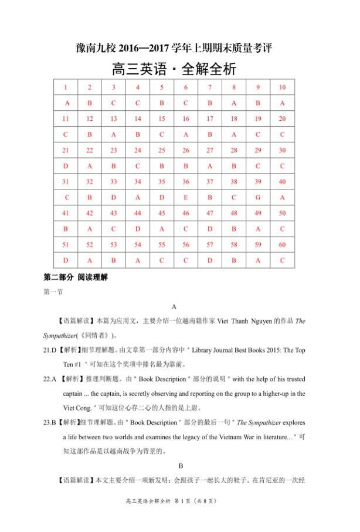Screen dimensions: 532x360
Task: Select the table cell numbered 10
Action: coord(282,87)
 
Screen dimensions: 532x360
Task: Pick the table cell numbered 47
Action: coord(210,213)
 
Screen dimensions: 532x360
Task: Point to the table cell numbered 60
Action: coord(282,245)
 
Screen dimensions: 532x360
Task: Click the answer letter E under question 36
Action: coord(186,198)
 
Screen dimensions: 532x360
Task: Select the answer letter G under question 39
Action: coord(258,198)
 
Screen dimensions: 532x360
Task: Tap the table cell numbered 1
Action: coord(66,87)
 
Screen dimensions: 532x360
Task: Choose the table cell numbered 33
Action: coord(114,182)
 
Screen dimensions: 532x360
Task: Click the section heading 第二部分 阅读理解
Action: coord(76,276)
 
